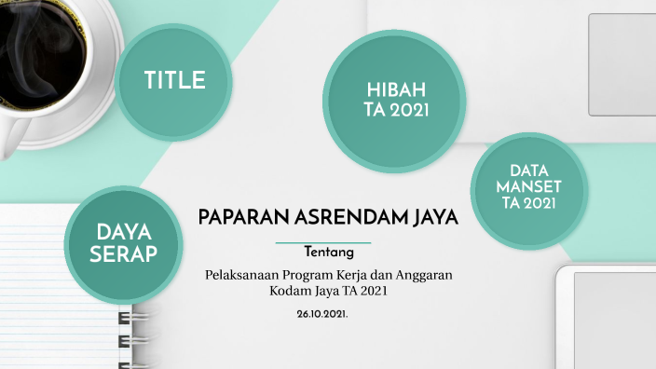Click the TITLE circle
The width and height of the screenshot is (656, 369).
[174, 82]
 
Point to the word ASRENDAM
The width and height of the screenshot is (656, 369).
[350, 218]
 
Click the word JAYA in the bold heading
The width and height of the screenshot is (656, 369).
[434, 218]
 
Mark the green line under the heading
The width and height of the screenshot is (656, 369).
[323, 241]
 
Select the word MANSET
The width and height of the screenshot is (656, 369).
[529, 186]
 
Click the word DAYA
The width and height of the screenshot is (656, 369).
[124, 231]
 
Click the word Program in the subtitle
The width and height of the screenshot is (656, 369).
[315, 275]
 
